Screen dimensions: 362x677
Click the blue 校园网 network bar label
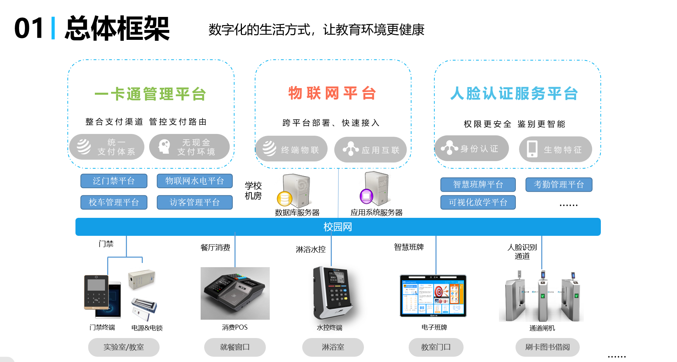(x=338, y=227)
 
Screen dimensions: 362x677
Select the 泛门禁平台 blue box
(x=114, y=181)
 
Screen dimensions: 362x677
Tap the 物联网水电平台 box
(x=195, y=181)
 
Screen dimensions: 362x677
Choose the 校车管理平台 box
(x=114, y=202)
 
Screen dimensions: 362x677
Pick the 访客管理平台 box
(x=195, y=202)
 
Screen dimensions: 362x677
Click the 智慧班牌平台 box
(x=478, y=184)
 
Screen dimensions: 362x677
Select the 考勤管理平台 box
(x=559, y=184)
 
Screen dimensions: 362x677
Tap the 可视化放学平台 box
(x=478, y=202)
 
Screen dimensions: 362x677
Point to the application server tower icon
(x=376, y=189)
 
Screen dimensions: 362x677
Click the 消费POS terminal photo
(x=235, y=293)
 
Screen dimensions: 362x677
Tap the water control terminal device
(x=332, y=293)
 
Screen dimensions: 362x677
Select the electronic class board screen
(x=433, y=295)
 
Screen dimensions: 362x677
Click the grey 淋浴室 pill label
(x=333, y=347)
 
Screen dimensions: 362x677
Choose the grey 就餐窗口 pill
(x=235, y=347)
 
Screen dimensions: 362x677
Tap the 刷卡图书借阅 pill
(x=547, y=347)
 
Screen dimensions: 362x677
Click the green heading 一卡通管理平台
(x=150, y=94)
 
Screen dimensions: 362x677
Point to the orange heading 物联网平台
(x=332, y=93)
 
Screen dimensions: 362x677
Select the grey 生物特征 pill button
(x=555, y=149)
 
